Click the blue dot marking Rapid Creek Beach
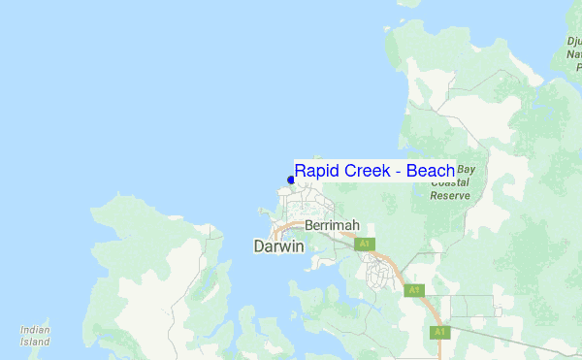point(291,180)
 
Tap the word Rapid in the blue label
point(315,172)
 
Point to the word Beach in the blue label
point(430,172)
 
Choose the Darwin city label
point(278,246)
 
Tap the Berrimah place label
point(332,225)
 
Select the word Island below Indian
point(35,343)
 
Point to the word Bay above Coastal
point(467,169)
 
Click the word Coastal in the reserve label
point(450,181)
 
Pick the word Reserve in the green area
point(450,195)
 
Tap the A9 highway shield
point(414,289)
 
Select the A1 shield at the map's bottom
point(438,332)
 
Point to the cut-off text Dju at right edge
point(573,41)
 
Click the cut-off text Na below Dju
point(573,54)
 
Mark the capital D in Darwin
point(258,246)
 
